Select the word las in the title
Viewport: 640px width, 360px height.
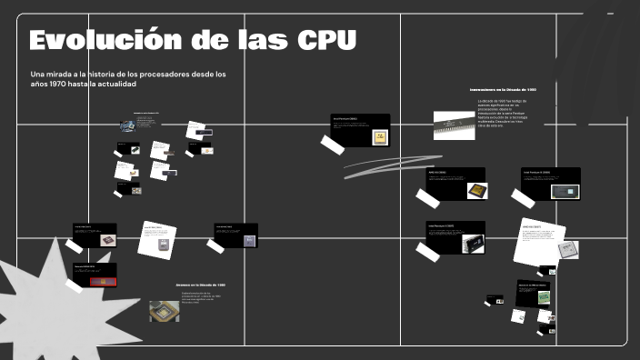(x=256, y=41)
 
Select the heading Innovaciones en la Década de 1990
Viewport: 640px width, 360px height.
(x=503, y=90)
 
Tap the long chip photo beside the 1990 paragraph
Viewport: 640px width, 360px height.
(x=454, y=125)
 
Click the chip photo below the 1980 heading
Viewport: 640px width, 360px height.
(x=164, y=311)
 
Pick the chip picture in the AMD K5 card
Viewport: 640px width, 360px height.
(x=475, y=190)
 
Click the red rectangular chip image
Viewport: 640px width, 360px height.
(x=95, y=278)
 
